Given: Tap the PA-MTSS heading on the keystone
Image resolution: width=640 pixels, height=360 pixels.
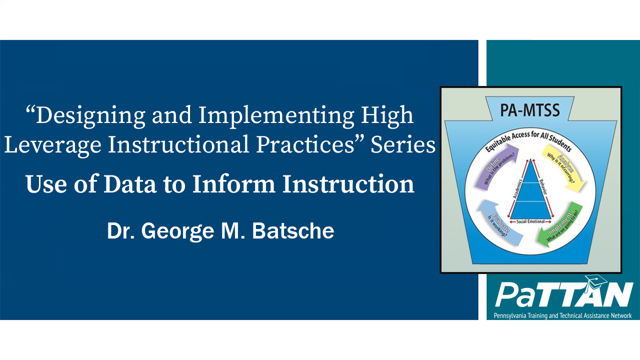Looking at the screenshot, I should (530, 110).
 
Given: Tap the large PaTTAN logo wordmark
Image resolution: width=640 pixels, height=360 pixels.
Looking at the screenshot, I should (562, 295).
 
